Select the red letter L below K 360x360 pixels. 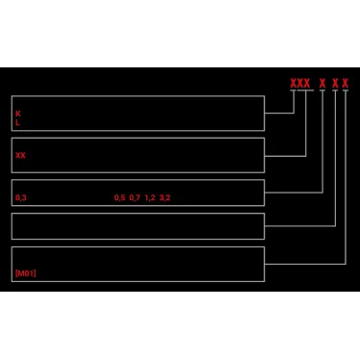click(x=17, y=123)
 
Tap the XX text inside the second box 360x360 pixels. click(x=20, y=155)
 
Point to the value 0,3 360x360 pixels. click(x=20, y=197)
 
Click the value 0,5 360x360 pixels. click(x=119, y=197)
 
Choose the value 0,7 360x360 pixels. click(x=135, y=197)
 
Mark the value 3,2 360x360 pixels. click(x=165, y=197)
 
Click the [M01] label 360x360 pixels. click(x=25, y=273)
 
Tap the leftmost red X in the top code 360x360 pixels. click(x=294, y=83)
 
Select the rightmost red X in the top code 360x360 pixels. click(x=345, y=83)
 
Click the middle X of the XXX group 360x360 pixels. click(x=299, y=83)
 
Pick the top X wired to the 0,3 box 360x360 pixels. click(x=321, y=83)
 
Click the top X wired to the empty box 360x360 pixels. click(x=335, y=83)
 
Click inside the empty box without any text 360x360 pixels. click(x=137, y=226)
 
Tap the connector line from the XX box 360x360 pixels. click(x=286, y=155)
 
